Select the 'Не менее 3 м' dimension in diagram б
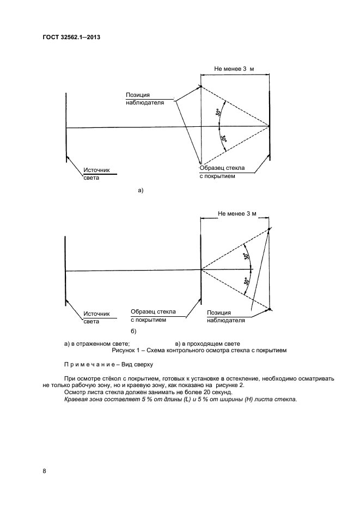click(x=237, y=214)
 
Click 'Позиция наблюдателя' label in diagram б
click(x=225, y=316)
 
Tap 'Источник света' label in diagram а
click(x=96, y=174)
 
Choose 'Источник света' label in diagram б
click(x=96, y=317)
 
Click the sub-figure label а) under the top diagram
click(x=141, y=191)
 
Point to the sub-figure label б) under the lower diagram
click(x=132, y=332)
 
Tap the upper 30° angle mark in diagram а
click(x=218, y=113)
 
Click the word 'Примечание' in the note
click(x=87, y=365)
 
